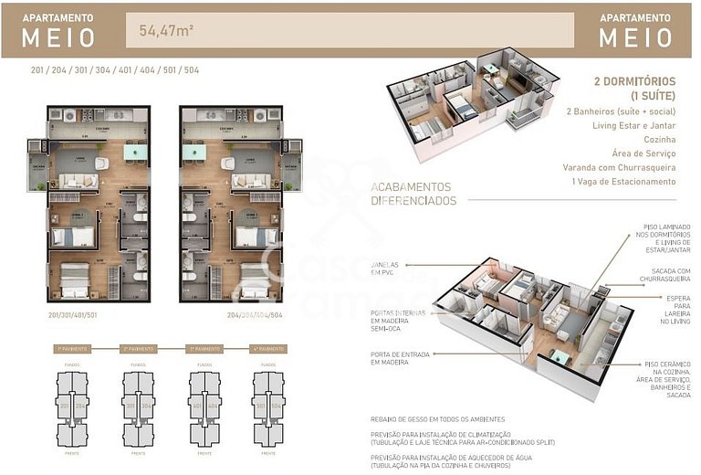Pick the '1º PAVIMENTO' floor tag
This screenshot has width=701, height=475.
[72, 349]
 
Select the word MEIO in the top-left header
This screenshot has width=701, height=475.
[58, 37]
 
